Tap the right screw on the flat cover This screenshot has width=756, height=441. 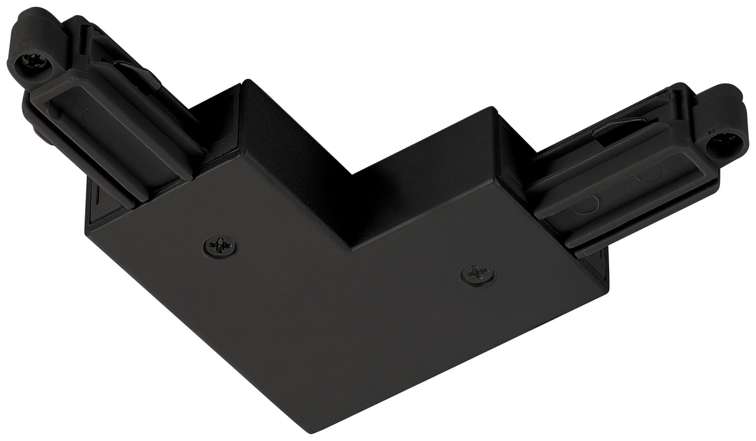point(477,273)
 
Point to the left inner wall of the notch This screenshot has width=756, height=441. point(296,164)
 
